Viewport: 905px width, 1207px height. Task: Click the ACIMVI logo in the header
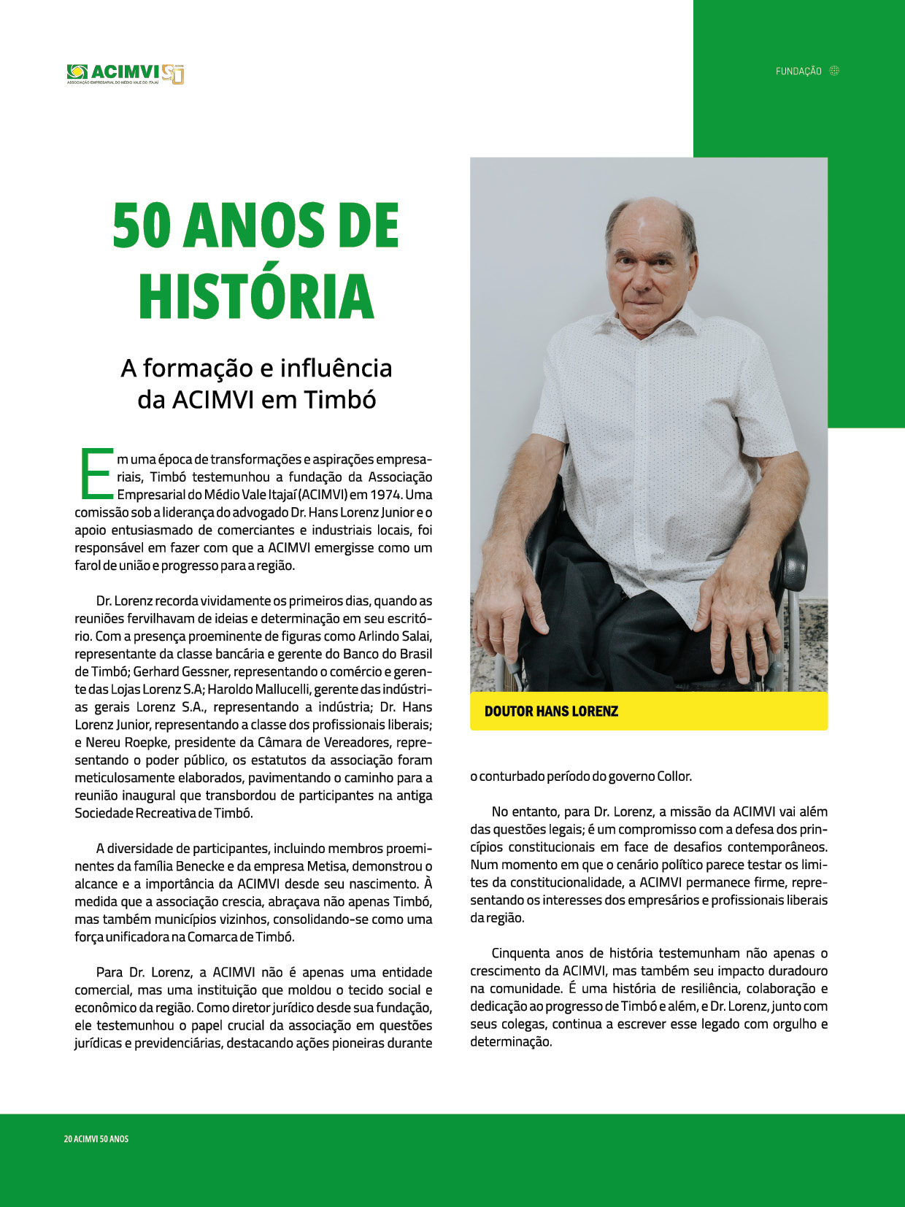point(125,73)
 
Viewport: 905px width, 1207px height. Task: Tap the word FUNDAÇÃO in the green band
point(798,72)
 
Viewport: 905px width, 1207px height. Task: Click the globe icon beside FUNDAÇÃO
point(835,71)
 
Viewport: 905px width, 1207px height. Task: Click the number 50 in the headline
point(142,225)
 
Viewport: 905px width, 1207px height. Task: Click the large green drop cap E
point(95,475)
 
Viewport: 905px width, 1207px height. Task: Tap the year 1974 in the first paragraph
point(386,495)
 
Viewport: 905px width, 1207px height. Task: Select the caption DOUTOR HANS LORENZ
point(551,712)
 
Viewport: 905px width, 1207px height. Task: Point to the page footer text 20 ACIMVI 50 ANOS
point(96,1139)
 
